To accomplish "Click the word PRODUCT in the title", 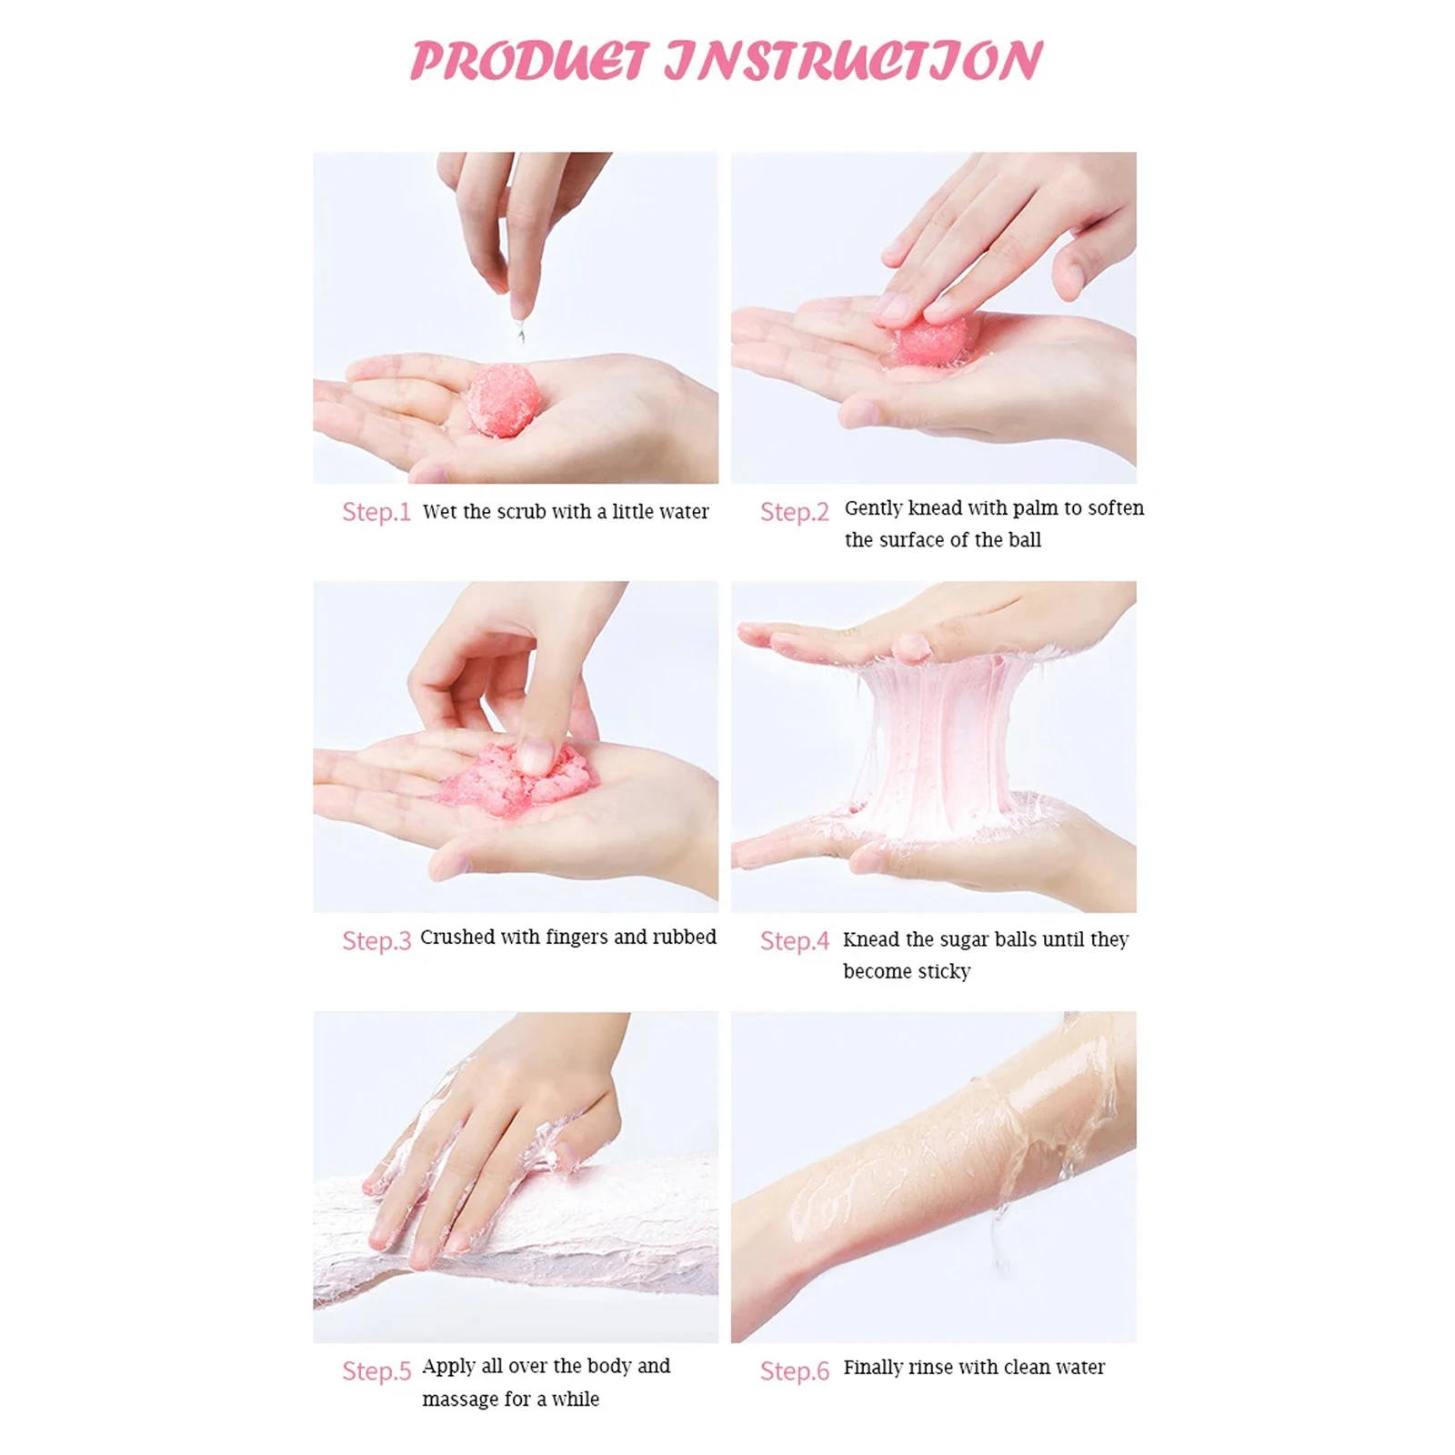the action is click(530, 61).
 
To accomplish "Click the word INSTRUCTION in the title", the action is click(854, 61).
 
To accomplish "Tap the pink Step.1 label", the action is click(376, 512).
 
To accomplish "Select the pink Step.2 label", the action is click(795, 512).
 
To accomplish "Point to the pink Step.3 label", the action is click(376, 940).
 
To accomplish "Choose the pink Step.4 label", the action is click(795, 940).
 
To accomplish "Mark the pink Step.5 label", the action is click(376, 1370).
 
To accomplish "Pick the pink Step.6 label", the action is click(795, 1370).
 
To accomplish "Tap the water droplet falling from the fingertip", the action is click(521, 332).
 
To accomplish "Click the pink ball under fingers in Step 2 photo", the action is click(934, 338).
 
